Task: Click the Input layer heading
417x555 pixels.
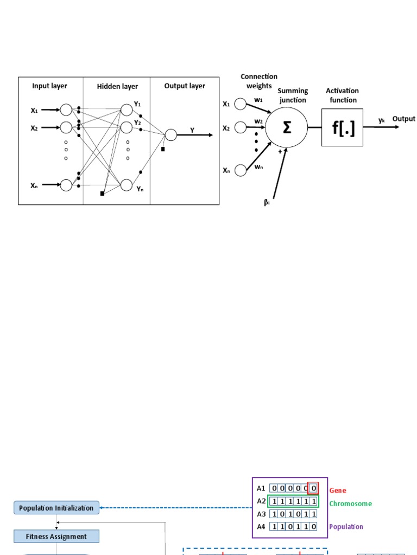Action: coord(49,86)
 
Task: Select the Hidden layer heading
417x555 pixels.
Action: coord(117,86)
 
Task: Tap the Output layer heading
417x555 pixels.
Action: coord(185,86)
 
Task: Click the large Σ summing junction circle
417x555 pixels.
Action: coord(287,127)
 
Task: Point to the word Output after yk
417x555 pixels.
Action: coord(404,119)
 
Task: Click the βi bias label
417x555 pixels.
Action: coord(267,203)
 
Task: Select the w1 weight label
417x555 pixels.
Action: coord(258,100)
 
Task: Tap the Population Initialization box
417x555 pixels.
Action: coord(56,508)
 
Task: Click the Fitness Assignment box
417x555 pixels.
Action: coord(56,537)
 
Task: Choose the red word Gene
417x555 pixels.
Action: coord(338,491)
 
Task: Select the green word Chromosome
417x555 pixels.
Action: coord(351,504)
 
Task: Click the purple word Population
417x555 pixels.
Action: coord(346,526)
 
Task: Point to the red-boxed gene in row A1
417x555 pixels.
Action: coord(313,488)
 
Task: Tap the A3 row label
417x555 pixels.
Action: coord(261,514)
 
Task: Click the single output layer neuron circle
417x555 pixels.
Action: coord(170,135)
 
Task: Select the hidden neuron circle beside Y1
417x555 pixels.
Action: coord(127,109)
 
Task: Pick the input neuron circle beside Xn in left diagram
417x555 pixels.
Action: coord(66,185)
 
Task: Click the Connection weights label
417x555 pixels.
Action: coord(259,81)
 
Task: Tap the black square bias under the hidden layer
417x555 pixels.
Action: coord(102,193)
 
